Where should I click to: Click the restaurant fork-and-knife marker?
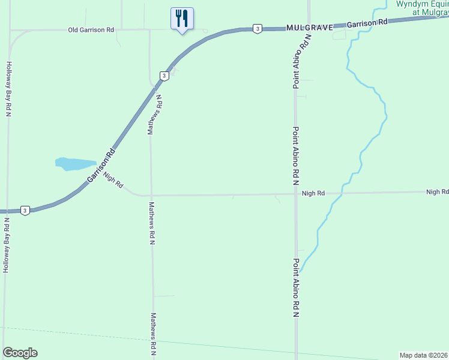[x=182, y=18]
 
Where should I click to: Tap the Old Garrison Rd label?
[x=91, y=29]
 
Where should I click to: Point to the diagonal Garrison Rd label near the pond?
[x=100, y=169]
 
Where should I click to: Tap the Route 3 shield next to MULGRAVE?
[x=257, y=28]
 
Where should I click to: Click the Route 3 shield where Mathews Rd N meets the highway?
[x=163, y=76]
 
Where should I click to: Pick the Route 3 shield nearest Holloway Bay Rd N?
[x=25, y=210]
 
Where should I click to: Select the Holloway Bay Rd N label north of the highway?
[x=9, y=88]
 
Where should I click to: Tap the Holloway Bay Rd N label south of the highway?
[x=7, y=246]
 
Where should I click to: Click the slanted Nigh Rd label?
[x=113, y=180]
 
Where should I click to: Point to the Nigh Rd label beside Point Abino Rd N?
[x=313, y=193]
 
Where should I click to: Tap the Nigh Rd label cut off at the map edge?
[x=437, y=192]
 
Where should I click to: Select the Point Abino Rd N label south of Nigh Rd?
[x=296, y=288]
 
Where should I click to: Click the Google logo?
[x=20, y=353]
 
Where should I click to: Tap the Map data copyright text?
[x=424, y=355]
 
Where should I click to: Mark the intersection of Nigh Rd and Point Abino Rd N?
[x=295, y=194]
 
